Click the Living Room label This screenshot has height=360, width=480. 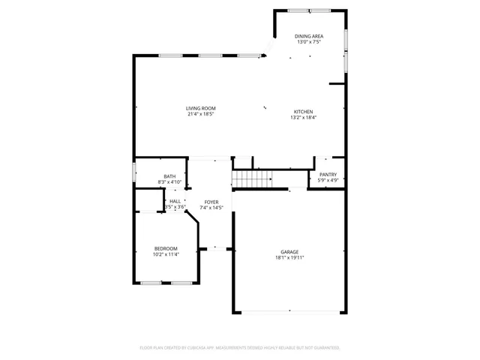click(200, 109)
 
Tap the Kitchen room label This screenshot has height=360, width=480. click(303, 112)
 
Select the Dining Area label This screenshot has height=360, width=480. click(308, 36)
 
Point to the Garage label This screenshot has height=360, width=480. click(289, 252)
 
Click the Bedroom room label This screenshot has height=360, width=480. click(166, 248)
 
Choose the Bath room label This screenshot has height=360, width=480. click(170, 176)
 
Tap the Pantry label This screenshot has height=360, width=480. click(328, 175)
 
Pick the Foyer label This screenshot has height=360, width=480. click(211, 202)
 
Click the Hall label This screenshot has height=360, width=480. click(175, 201)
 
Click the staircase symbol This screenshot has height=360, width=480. click(251, 179)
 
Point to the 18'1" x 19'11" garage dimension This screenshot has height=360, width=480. click(289, 258)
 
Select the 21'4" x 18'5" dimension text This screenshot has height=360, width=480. click(200, 115)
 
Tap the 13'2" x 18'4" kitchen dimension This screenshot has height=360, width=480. click(303, 118)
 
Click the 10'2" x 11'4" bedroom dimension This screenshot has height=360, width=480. click(166, 254)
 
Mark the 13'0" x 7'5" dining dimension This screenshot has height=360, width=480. click(308, 42)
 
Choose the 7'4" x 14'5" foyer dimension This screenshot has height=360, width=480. click(211, 208)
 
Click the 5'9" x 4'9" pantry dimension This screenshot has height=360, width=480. click(328, 181)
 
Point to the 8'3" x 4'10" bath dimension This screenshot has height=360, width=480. click(170, 182)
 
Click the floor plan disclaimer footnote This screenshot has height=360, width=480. click(240, 348)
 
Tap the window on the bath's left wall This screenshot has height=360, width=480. click(134, 171)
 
